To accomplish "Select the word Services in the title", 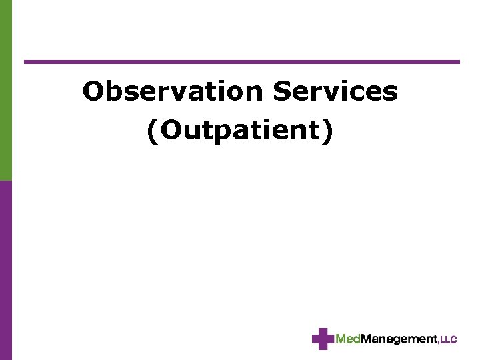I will click(x=335, y=92).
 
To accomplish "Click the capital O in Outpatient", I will click(x=169, y=131).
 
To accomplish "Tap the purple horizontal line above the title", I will click(x=241, y=62).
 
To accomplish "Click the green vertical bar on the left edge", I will click(x=5, y=90).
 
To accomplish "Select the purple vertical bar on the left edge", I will click(x=5, y=270).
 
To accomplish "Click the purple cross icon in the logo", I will click(x=323, y=339).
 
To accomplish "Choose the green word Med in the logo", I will click(x=347, y=339).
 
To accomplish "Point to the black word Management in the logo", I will click(x=398, y=339).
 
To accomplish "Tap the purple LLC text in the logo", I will click(x=449, y=340).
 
